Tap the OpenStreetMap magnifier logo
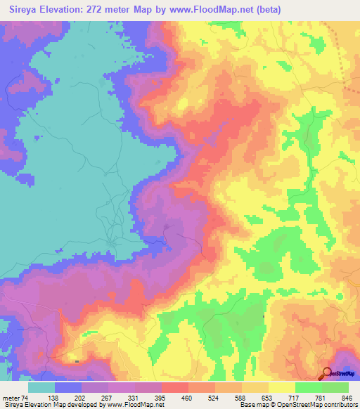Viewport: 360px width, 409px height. pos(328,373)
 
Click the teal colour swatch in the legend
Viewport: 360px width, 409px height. pos(41,388)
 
